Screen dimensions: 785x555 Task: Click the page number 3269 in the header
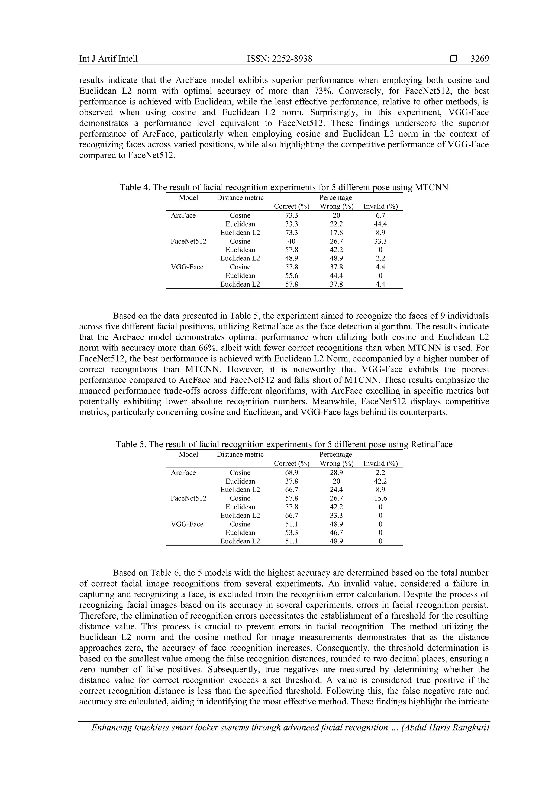click(480, 59)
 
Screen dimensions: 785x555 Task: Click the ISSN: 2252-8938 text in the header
click(280, 59)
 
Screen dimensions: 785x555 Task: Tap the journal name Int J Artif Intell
click(108, 59)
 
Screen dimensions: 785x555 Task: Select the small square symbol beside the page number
click(453, 59)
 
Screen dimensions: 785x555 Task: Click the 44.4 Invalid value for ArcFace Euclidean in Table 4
click(380, 224)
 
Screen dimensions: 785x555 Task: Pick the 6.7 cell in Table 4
click(380, 216)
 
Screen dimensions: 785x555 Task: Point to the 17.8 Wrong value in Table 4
click(336, 233)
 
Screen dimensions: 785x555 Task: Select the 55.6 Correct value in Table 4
click(292, 276)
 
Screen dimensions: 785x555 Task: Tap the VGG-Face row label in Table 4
click(187, 267)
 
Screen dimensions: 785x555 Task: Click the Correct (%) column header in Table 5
click(292, 464)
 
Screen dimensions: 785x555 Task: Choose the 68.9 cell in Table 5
click(292, 473)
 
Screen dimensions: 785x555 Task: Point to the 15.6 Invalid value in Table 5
click(380, 498)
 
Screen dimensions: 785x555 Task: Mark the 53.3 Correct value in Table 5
click(292, 533)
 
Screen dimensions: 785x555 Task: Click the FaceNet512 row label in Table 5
click(188, 498)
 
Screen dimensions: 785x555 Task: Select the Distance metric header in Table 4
click(240, 198)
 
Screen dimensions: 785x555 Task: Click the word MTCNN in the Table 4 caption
click(431, 187)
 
